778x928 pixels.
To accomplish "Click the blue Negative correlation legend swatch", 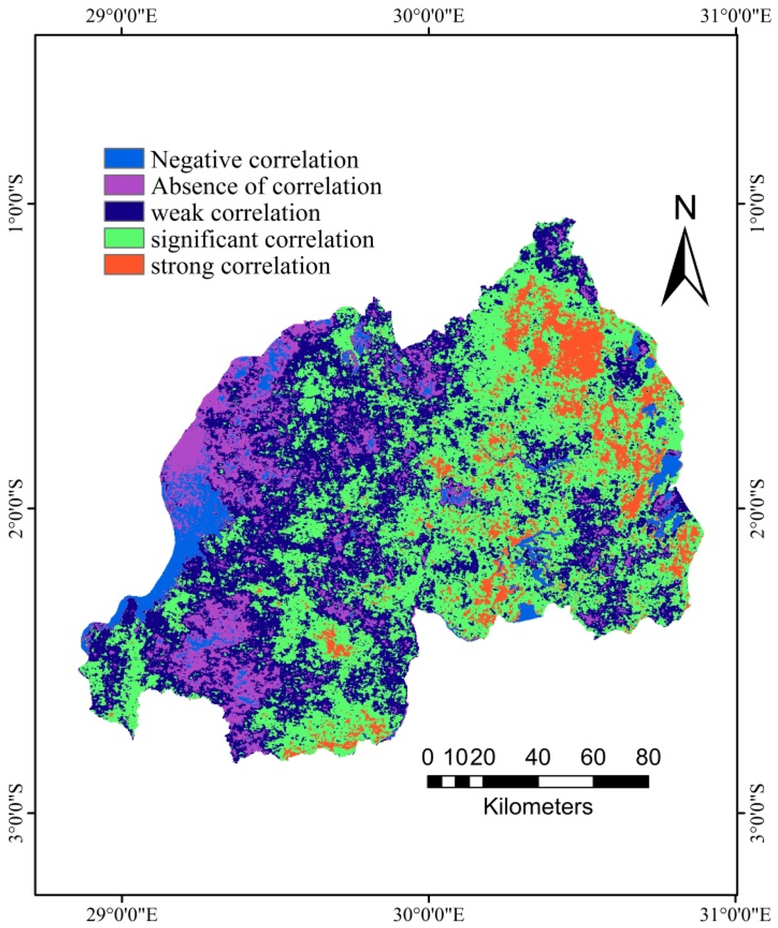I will point(123,159).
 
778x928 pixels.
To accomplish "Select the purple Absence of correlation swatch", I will point(123,185).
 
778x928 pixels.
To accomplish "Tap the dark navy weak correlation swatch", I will point(123,212).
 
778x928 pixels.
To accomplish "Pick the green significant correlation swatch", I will point(123,238).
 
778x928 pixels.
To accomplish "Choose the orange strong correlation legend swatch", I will point(123,265).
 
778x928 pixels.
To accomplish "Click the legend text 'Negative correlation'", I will point(254,159).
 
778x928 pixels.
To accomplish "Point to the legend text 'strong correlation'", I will point(240,266).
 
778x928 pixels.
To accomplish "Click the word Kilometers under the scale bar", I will point(538,806).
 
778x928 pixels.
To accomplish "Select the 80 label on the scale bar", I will point(647,757).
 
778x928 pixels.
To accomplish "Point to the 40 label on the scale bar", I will point(538,757).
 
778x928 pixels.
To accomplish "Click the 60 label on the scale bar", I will point(593,757).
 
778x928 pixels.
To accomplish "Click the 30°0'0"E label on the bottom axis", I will point(429,912).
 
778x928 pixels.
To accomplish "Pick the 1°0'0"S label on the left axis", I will point(15,204).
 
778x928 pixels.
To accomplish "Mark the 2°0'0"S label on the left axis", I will point(15,508).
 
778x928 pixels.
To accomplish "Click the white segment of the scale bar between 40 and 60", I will point(565,781).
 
